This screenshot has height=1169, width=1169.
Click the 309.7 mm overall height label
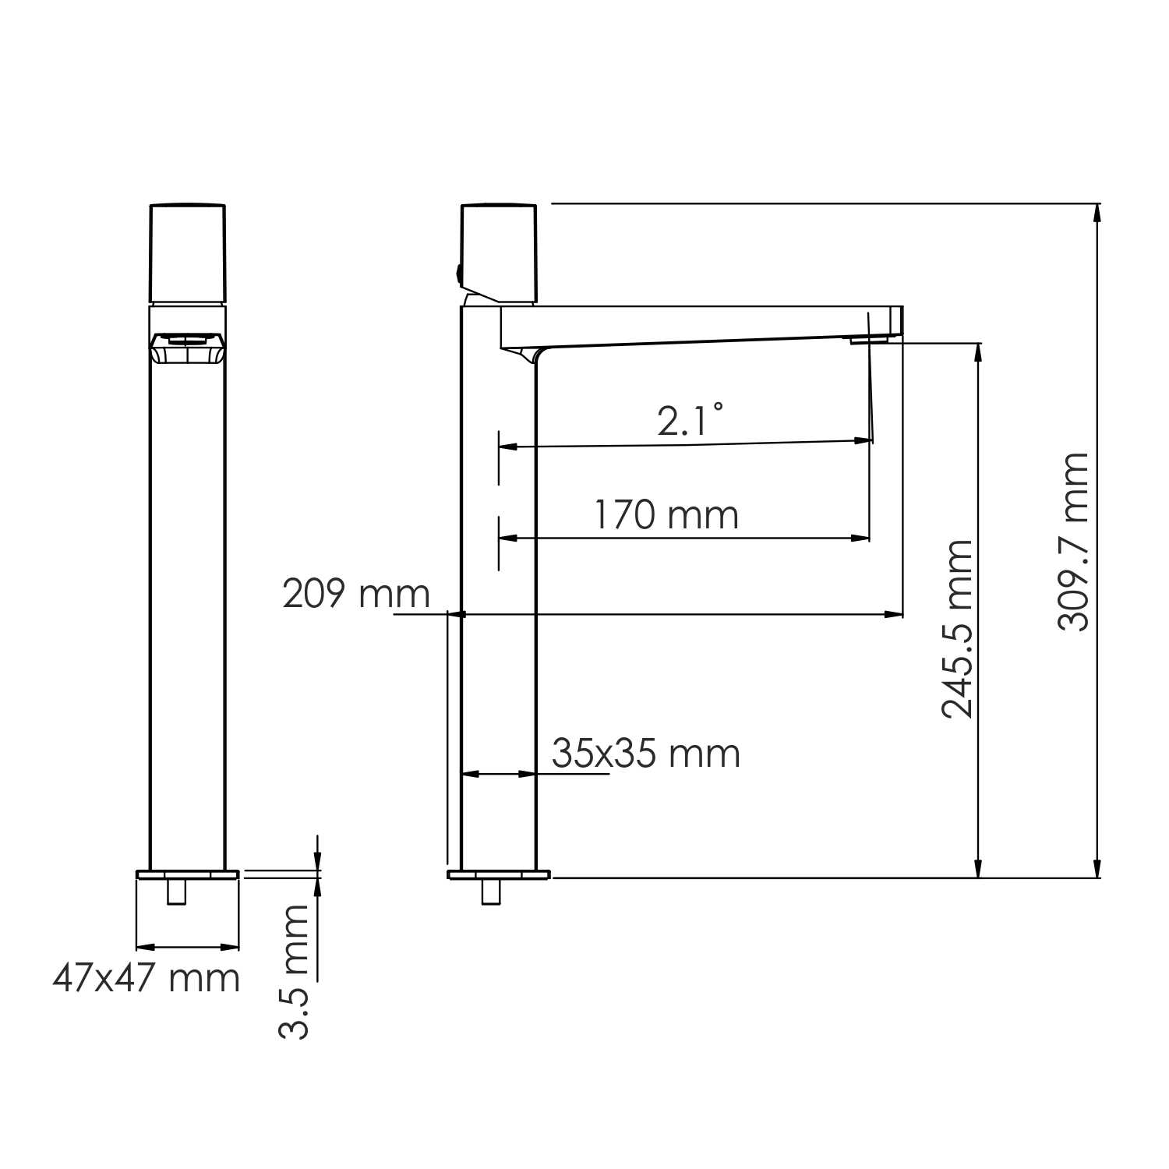(1073, 542)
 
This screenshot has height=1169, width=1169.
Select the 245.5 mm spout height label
(958, 628)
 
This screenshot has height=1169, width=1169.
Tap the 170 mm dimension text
(666, 515)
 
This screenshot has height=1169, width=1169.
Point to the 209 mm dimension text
(356, 594)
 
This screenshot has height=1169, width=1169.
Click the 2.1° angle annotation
(690, 422)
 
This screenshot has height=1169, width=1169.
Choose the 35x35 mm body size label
(646, 754)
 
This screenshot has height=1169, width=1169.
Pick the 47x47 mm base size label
(147, 978)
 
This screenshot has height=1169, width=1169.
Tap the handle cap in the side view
(500, 253)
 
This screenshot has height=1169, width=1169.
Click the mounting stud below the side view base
(491, 892)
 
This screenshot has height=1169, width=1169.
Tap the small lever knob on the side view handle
(458, 274)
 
